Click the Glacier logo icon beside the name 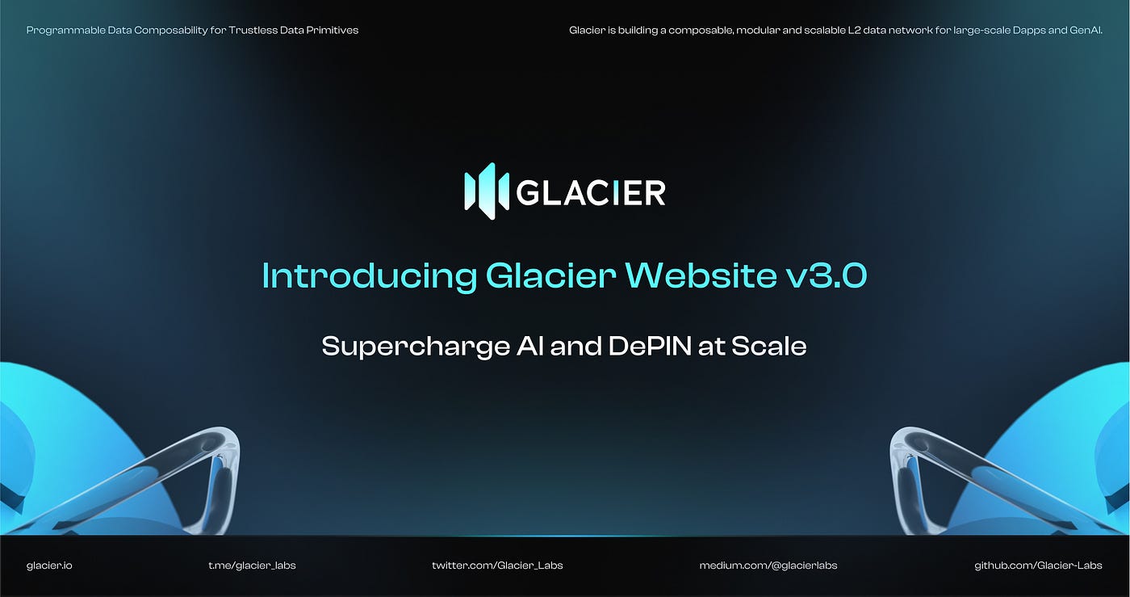click(x=486, y=191)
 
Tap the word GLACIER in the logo click(x=590, y=192)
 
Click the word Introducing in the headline click(x=369, y=276)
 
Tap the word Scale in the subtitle click(x=768, y=347)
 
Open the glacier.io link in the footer click(x=49, y=565)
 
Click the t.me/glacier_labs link click(x=252, y=565)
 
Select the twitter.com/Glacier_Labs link click(x=497, y=565)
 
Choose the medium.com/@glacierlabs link click(x=768, y=565)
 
